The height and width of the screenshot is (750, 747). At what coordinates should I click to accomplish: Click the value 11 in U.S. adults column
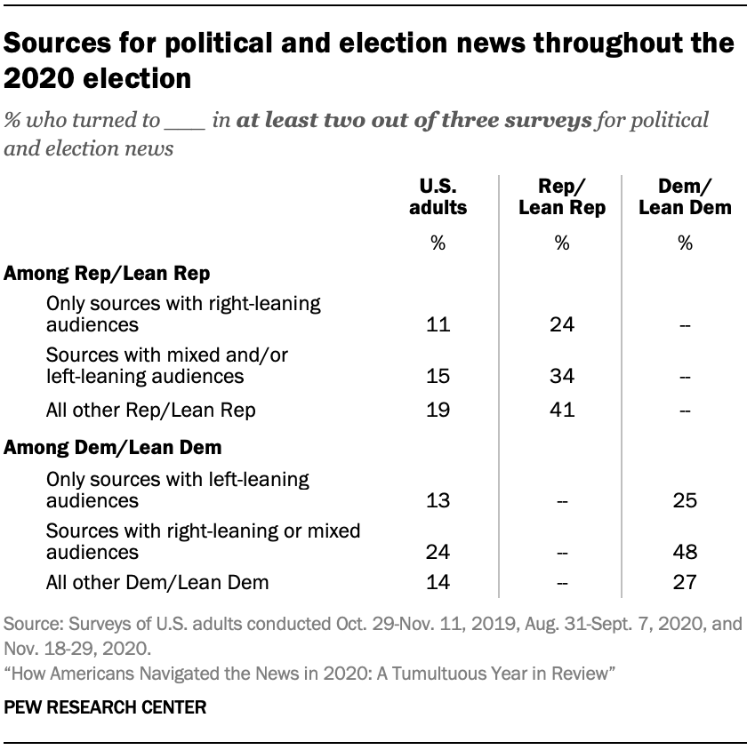point(438,324)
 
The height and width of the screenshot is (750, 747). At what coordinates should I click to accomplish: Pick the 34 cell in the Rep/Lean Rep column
point(561,377)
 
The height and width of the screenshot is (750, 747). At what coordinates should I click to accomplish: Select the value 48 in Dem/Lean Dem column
point(685,552)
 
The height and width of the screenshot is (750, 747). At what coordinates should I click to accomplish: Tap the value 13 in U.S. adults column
point(438,500)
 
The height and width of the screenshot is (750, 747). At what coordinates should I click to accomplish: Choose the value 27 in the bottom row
point(685,583)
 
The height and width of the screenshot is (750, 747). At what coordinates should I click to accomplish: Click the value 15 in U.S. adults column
point(438,377)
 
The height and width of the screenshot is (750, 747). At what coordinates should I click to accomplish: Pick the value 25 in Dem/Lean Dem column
point(685,500)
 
